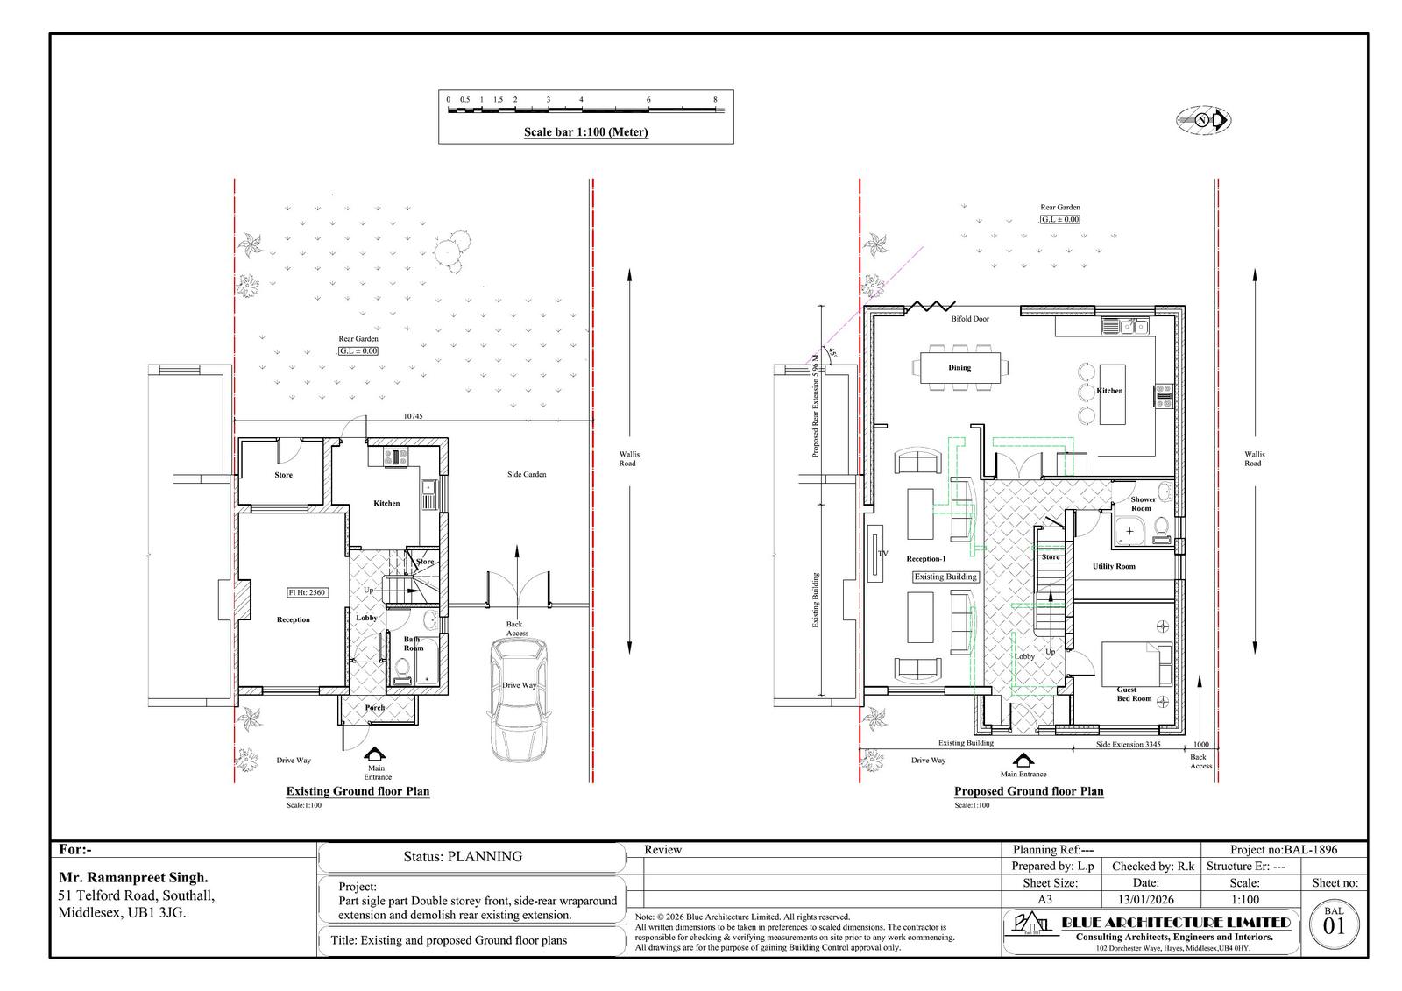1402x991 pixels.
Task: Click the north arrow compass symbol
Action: coord(1204,120)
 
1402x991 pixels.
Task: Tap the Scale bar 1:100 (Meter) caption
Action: coord(585,133)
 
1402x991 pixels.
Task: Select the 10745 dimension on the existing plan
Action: coord(413,416)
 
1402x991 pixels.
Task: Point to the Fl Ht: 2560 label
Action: coord(307,592)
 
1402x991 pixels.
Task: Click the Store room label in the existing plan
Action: coord(283,475)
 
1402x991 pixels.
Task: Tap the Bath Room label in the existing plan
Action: coord(413,644)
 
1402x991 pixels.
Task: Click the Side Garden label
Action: coord(527,474)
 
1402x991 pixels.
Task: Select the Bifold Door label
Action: coord(970,319)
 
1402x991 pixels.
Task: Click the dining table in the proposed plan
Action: coord(959,368)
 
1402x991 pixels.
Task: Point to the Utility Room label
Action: coord(1113,567)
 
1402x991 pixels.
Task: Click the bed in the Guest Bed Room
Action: coord(1136,663)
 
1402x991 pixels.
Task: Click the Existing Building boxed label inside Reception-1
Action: coord(945,577)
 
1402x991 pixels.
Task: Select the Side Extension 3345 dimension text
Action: coord(1129,744)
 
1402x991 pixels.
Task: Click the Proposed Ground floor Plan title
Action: coord(1029,791)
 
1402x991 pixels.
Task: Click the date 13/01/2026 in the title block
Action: coord(1145,900)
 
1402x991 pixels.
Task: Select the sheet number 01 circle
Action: coord(1334,924)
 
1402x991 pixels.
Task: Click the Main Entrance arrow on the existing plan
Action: coord(375,755)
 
